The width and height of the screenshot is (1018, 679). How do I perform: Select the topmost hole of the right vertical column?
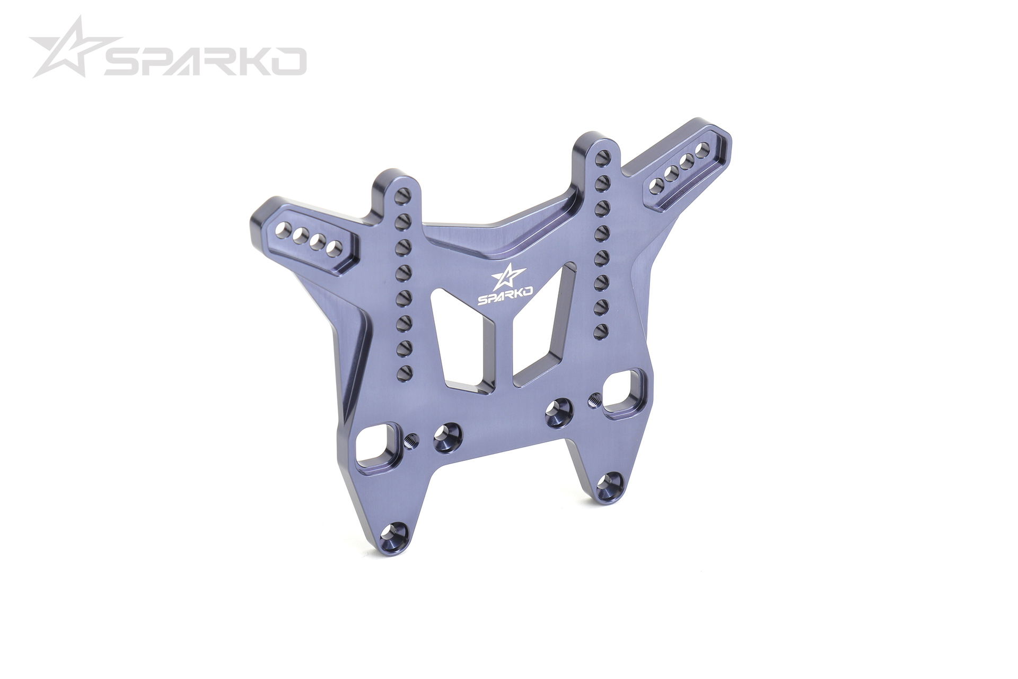(x=601, y=156)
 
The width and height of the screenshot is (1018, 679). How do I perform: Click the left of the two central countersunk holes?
(x=447, y=437)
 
